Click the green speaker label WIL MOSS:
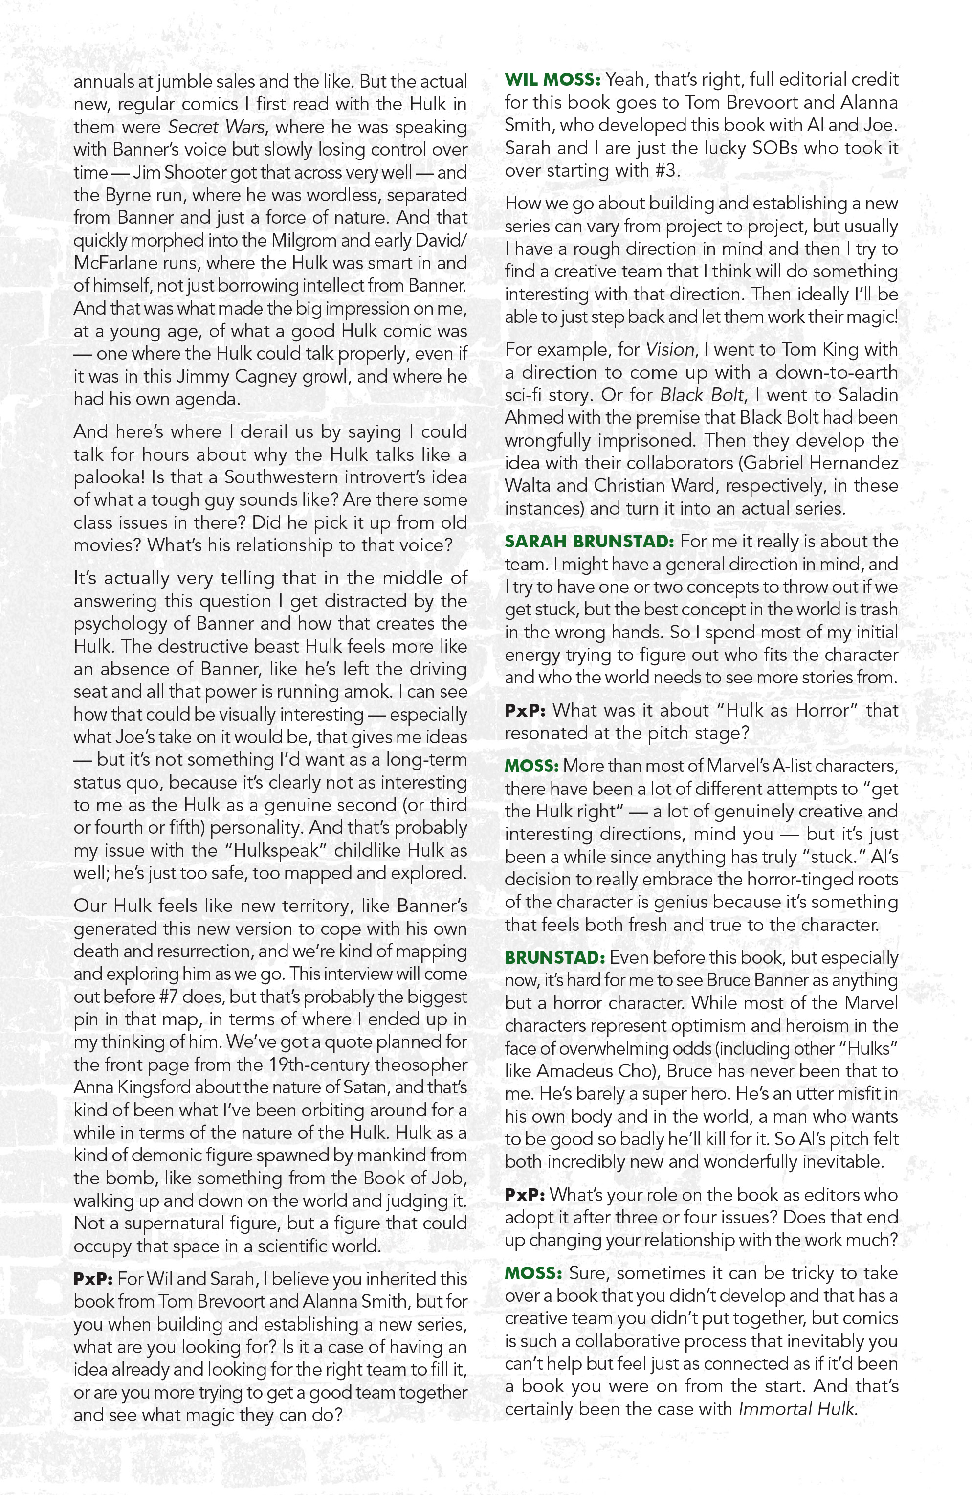coord(552,80)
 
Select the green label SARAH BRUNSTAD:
coord(589,542)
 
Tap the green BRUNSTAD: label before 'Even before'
coord(554,958)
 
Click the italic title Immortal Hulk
coord(795,1409)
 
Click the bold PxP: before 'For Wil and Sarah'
coord(92,1279)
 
